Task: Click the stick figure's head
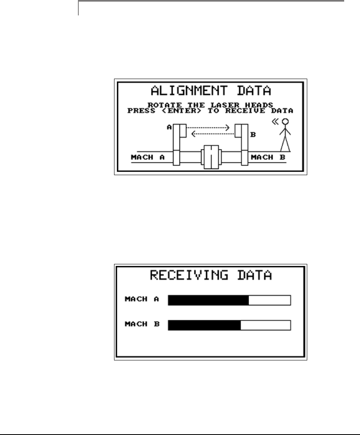[x=285, y=121]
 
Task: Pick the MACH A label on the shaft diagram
[x=148, y=157]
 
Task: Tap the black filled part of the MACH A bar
[x=208, y=300]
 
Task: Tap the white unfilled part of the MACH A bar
[x=269, y=300]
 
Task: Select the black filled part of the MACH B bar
[x=204, y=325]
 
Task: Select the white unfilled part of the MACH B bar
[x=265, y=325]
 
